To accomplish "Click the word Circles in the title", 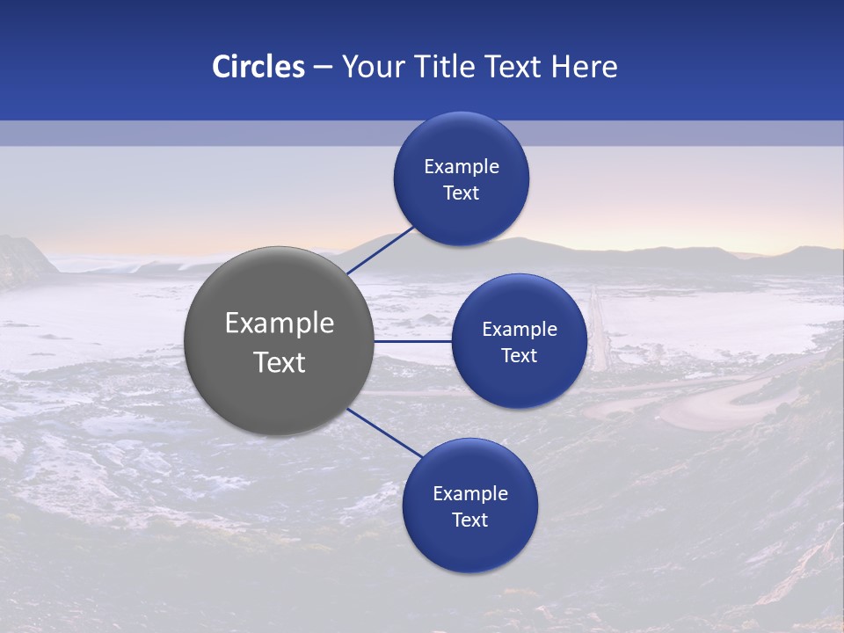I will click(x=258, y=67).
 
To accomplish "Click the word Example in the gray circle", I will click(x=280, y=324).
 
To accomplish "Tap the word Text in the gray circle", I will click(x=280, y=362).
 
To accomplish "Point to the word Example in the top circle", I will click(x=462, y=167).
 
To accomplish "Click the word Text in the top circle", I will click(x=462, y=193).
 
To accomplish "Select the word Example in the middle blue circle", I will click(x=519, y=330).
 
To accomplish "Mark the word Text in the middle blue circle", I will click(x=519, y=356).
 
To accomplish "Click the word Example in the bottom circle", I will click(x=469, y=494).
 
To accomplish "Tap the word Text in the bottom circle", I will click(x=469, y=520).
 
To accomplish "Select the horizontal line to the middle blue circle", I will click(x=413, y=341).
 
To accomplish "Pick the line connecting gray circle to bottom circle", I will click(x=385, y=433).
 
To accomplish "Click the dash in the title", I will click(x=322, y=68).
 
